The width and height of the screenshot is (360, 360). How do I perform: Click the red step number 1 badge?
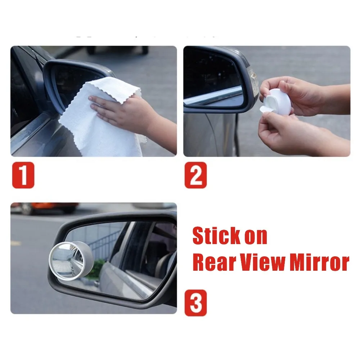(23, 175)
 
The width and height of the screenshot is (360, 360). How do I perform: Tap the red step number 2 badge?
(195, 175)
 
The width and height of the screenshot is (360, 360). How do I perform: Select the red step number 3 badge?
(195, 303)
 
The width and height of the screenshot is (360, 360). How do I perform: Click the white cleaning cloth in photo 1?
(104, 119)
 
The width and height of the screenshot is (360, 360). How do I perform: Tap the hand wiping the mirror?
(119, 108)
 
